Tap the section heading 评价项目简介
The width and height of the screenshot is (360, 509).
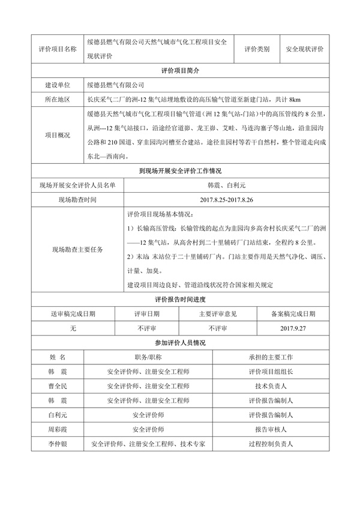(180, 71)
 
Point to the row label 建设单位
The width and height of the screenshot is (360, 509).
(57, 85)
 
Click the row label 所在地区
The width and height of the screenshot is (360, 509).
(57, 99)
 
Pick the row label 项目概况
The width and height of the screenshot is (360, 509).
(57, 135)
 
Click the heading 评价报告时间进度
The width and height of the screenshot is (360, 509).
(180, 300)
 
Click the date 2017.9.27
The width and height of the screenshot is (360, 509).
(293, 328)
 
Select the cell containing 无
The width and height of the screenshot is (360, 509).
(73, 328)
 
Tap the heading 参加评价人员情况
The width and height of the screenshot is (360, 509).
(180, 343)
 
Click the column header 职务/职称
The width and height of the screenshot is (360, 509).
(148, 357)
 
